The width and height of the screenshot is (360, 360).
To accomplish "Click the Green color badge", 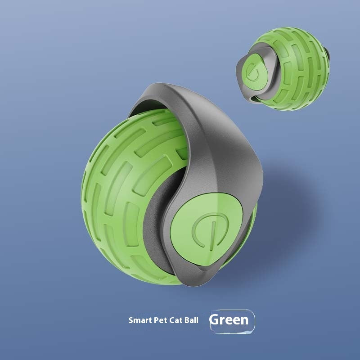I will click(232, 321).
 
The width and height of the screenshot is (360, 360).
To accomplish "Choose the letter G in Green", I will click(215, 320).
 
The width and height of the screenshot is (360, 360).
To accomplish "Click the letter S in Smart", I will click(130, 321).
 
